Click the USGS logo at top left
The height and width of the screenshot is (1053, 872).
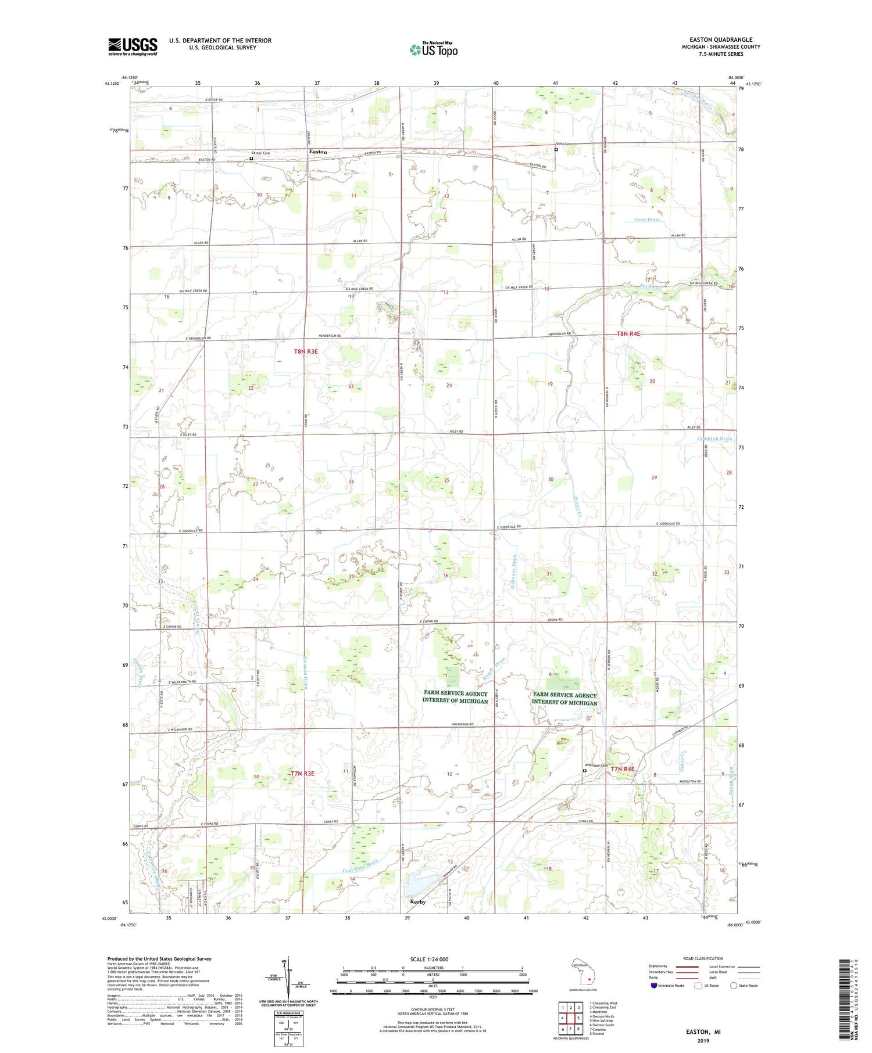pyautogui.click(x=133, y=46)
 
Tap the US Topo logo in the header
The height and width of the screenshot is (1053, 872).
pyautogui.click(x=433, y=49)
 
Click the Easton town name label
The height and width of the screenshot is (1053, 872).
pyautogui.click(x=317, y=152)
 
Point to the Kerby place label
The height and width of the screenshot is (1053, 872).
pyautogui.click(x=417, y=902)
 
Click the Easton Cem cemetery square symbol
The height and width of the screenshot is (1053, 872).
pyautogui.click(x=251, y=158)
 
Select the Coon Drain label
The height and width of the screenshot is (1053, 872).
pyautogui.click(x=646, y=220)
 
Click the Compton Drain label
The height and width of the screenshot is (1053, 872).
pyautogui.click(x=714, y=439)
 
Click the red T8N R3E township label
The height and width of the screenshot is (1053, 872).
pyautogui.click(x=306, y=351)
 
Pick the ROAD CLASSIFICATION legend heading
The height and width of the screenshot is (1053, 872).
pyautogui.click(x=703, y=958)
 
